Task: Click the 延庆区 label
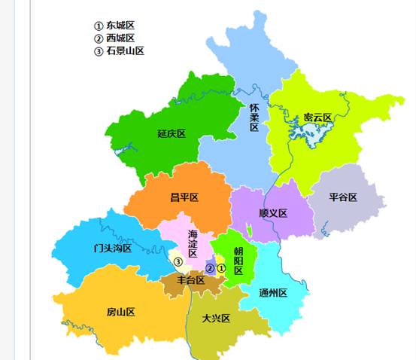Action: [x=172, y=133]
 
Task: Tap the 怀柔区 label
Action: [x=254, y=117]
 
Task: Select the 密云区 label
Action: [x=317, y=117]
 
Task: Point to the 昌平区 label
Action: [x=184, y=197]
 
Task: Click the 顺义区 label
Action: [x=273, y=213]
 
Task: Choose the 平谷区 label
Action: [x=342, y=197]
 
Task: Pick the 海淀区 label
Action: [x=193, y=244]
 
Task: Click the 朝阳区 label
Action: [x=238, y=261]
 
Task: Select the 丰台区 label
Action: [x=190, y=280]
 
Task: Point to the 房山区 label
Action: [x=120, y=312]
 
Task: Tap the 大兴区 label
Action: [x=216, y=318]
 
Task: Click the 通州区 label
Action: [x=273, y=293]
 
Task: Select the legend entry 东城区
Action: [x=120, y=25]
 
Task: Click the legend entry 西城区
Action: [x=120, y=38]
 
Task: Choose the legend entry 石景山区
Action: [x=124, y=51]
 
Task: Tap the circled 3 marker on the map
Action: [x=178, y=262]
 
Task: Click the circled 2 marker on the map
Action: [x=211, y=268]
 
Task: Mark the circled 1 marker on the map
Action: [x=221, y=268]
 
